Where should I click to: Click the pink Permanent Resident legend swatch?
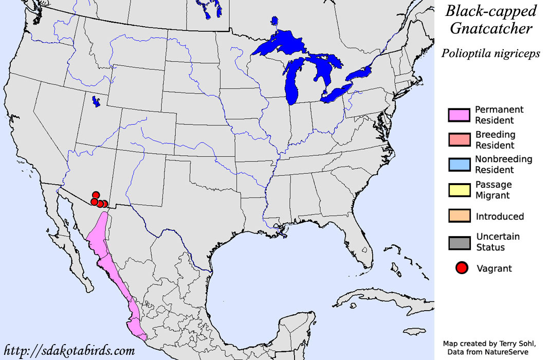[459, 115]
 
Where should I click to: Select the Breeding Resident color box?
[459, 140]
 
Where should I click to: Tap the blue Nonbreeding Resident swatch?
[459, 165]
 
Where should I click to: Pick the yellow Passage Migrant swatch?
[459, 190]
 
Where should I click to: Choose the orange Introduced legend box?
[459, 216]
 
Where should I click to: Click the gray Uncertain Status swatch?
[459, 242]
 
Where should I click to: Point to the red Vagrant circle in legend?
[462, 268]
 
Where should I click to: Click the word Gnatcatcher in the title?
[491, 29]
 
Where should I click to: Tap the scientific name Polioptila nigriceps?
[490, 53]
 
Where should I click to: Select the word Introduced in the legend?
[500, 217]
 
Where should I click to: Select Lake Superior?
[280, 44]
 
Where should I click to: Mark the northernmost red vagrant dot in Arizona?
[95, 195]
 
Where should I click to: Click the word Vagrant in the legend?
[494, 268]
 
